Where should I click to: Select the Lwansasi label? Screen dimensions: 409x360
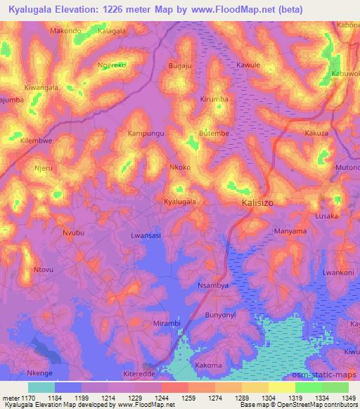click(x=146, y=236)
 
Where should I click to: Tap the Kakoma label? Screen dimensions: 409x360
click(x=209, y=365)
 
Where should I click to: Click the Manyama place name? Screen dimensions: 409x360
click(x=290, y=231)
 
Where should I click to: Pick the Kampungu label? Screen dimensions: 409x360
click(x=146, y=132)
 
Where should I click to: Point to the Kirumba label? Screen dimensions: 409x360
click(x=214, y=100)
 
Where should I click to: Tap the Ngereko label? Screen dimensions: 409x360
click(x=112, y=65)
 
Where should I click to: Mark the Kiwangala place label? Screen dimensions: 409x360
click(x=41, y=88)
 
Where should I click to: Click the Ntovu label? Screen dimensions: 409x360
click(x=44, y=269)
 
